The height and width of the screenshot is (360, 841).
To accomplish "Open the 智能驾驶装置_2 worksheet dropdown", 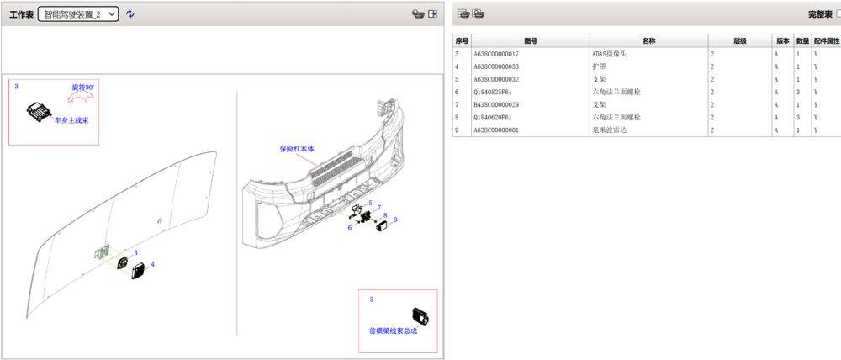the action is click(x=78, y=14).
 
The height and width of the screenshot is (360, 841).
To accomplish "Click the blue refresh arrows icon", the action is click(x=130, y=14).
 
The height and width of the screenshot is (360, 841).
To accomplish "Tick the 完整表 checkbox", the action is click(x=838, y=14).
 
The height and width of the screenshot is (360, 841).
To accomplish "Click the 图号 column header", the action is click(x=531, y=40).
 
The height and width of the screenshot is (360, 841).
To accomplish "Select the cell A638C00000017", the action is click(x=496, y=54).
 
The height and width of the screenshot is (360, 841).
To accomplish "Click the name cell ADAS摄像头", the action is click(x=609, y=54).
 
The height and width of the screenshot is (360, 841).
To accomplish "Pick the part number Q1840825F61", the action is click(x=492, y=92).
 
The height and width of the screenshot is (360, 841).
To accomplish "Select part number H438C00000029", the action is click(x=496, y=104).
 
